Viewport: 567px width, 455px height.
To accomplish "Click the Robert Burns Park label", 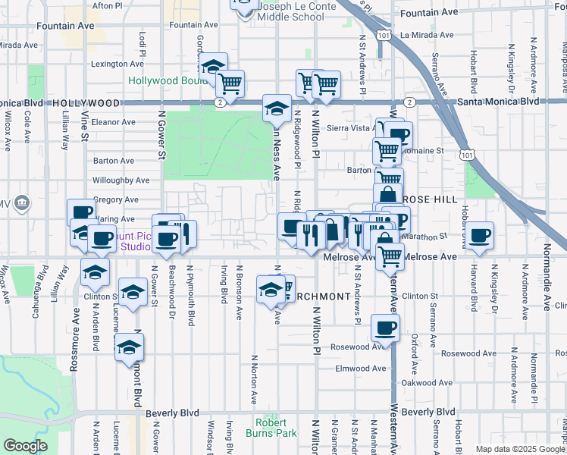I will [x=271, y=428].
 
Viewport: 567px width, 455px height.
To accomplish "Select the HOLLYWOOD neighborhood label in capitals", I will [x=86, y=102].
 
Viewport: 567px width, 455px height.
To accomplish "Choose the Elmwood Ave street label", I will [x=359, y=369].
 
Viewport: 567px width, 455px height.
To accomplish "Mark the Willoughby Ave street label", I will [x=121, y=180].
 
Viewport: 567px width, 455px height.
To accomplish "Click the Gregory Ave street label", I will [x=115, y=200].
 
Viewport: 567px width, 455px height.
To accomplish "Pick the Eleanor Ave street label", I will [x=113, y=121].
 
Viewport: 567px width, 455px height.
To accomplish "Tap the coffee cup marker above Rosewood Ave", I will [x=385, y=329].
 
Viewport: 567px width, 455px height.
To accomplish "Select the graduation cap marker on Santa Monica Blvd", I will [x=277, y=108].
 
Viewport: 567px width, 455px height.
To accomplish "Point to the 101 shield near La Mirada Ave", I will [x=386, y=35].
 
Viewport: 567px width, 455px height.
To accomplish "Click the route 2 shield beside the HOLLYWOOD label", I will [x=218, y=102].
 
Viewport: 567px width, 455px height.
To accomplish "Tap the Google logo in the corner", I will [x=25, y=446].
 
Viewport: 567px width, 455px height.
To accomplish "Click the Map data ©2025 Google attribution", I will [x=519, y=449].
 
